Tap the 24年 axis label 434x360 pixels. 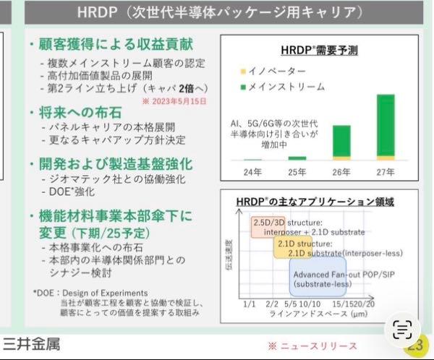pyautogui.click(x=252, y=172)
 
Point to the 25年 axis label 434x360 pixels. pyautogui.click(x=297, y=172)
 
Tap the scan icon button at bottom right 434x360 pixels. pyautogui.click(x=402, y=331)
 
